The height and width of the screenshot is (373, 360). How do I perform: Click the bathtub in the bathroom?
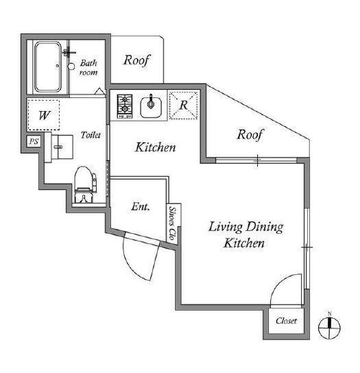pos(47,67)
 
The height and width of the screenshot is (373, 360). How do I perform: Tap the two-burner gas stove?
pos(125,106)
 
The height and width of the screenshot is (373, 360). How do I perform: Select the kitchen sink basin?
pos(151,107)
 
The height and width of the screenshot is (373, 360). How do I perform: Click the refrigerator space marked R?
pos(184,105)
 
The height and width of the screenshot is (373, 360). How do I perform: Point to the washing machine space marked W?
pos(43,115)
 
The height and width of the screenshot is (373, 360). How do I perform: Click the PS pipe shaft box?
pos(34,141)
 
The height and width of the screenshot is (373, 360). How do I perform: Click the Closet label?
pos(286,321)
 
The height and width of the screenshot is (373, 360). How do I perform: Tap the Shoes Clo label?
pos(172,223)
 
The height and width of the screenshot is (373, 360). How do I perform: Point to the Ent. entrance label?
pos(141,206)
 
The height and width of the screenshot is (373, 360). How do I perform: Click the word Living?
pos(225,227)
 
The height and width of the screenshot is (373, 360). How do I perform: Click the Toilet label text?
pos(91,135)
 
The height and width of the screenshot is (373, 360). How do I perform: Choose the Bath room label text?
pos(88,68)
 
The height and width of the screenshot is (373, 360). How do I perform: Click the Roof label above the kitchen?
pos(137,60)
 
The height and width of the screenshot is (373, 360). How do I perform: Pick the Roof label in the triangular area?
pos(250,135)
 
